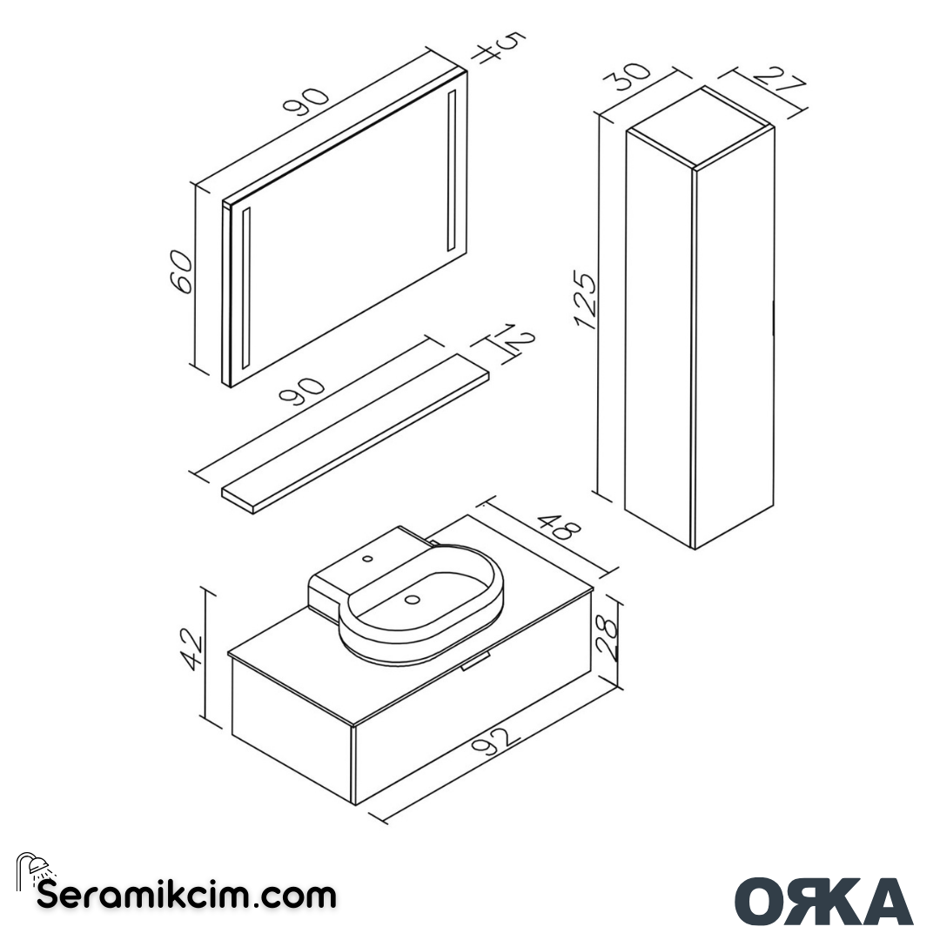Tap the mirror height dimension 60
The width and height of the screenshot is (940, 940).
179,272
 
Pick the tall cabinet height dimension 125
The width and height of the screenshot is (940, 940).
585,301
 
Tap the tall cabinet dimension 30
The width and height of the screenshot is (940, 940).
632,77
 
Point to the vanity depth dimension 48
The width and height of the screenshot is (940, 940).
557,527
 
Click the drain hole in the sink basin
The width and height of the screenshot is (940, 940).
413,599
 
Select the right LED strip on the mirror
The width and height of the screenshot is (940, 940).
452,171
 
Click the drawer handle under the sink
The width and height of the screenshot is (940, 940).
477,664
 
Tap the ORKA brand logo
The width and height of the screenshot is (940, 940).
823,902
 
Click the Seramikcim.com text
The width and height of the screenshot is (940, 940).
186,895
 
